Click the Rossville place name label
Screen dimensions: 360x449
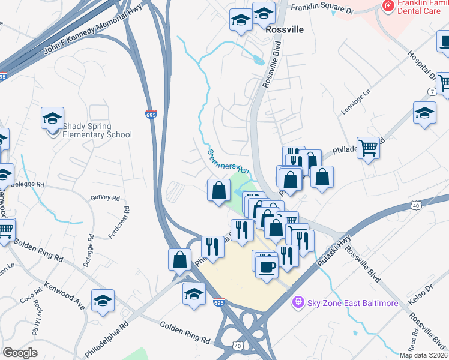click(287, 29)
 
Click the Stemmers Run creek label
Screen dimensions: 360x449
click(228, 160)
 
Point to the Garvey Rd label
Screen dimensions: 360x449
click(105, 198)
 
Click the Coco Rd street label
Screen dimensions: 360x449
click(28, 298)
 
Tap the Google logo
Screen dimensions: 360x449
click(20, 352)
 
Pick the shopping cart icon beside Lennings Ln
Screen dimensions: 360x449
click(368, 146)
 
